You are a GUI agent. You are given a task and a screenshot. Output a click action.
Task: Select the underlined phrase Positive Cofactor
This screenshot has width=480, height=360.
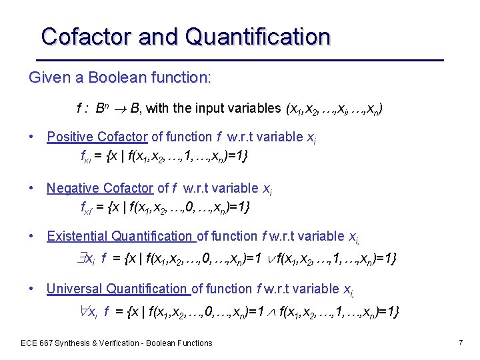point(97,137)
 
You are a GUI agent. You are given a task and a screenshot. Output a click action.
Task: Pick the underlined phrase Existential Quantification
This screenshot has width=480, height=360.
point(120,236)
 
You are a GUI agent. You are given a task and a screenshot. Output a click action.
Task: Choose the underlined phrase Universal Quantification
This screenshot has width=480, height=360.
point(117,289)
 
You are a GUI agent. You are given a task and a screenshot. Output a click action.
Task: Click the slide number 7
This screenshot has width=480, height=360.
point(460,343)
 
